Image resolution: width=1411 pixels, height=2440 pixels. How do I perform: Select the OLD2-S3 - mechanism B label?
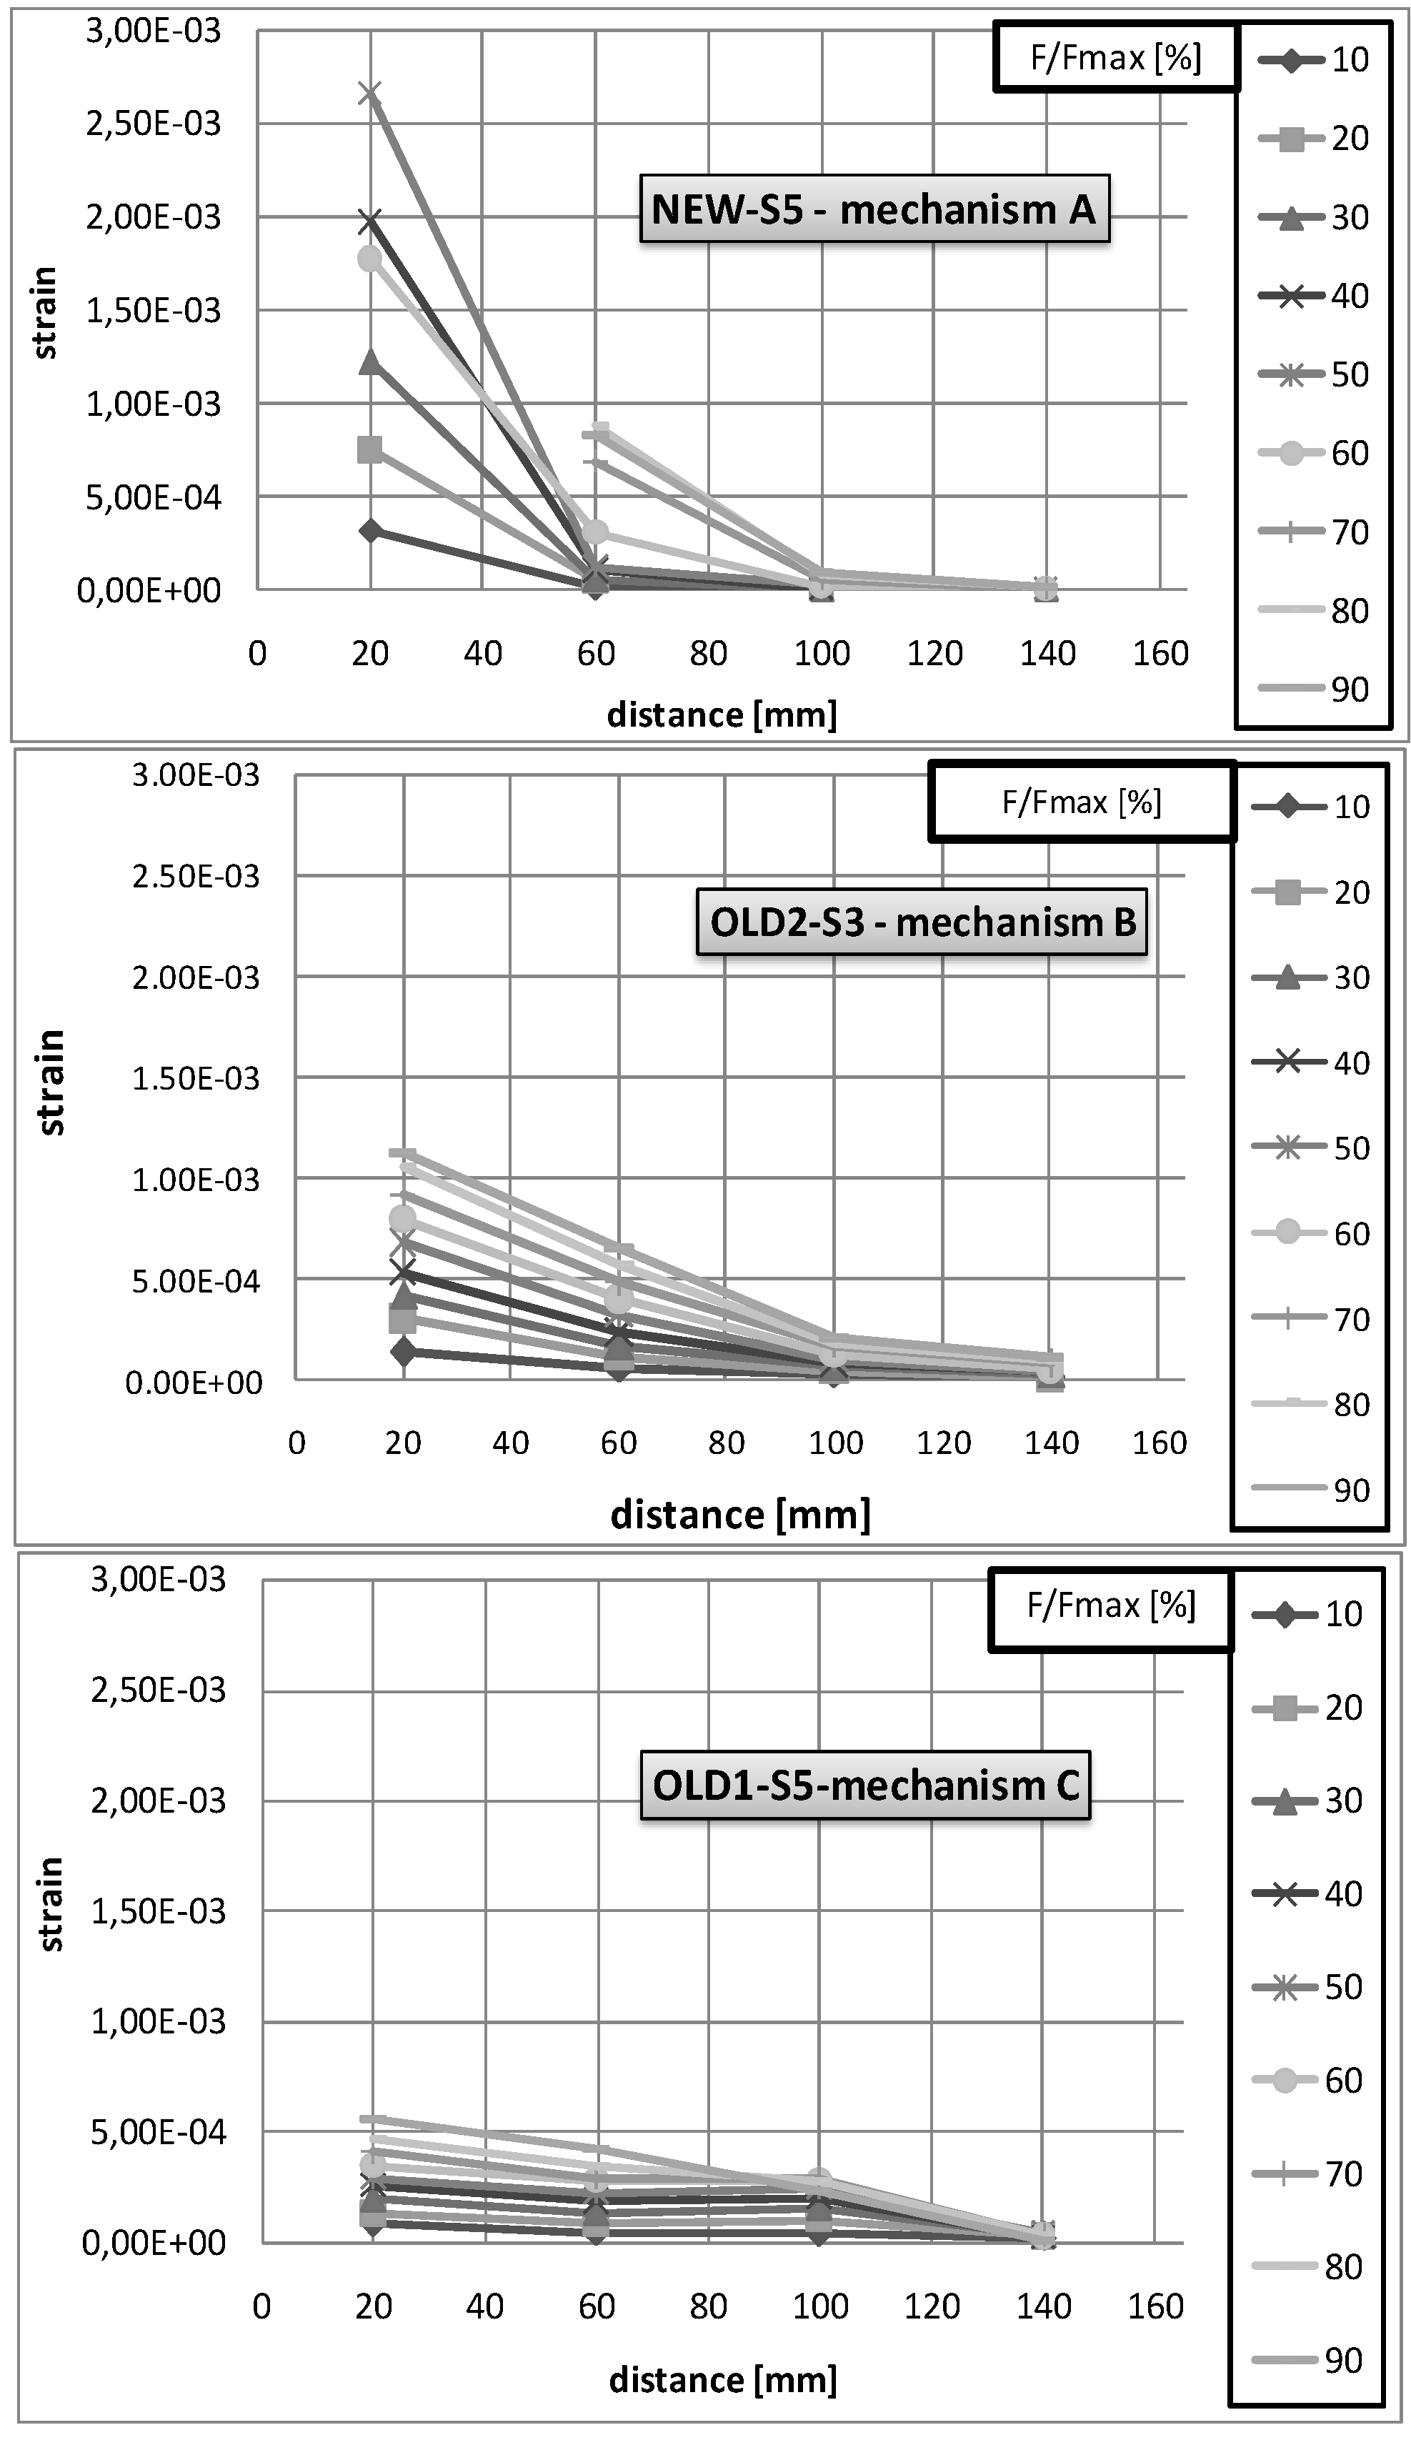click(x=922, y=922)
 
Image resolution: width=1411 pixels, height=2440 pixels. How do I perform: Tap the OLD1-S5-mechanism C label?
click(x=864, y=1785)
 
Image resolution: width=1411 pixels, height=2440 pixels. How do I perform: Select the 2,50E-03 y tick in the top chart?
click(x=153, y=124)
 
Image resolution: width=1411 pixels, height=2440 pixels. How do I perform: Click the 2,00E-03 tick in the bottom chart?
click(x=158, y=1801)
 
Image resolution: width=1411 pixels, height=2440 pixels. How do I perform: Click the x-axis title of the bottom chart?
click(x=722, y=2379)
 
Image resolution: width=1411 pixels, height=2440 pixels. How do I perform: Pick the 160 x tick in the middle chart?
click(x=1160, y=1444)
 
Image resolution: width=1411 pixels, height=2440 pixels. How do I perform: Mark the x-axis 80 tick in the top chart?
click(x=709, y=654)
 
